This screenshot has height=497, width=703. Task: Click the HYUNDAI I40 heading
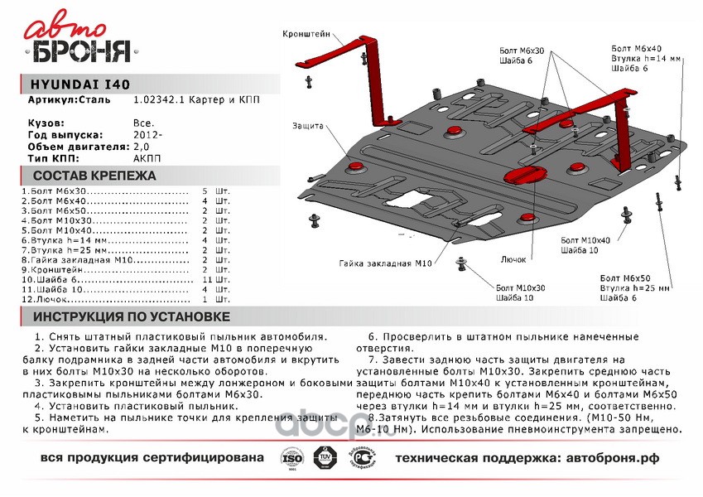pos(79,84)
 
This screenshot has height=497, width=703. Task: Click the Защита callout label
pos(306,126)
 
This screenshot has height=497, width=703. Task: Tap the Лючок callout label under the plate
pos(514,258)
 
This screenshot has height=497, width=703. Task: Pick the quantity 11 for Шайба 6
pos(209,281)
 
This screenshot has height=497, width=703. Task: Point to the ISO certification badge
pos(288,458)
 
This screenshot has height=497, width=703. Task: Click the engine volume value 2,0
pos(141,146)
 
